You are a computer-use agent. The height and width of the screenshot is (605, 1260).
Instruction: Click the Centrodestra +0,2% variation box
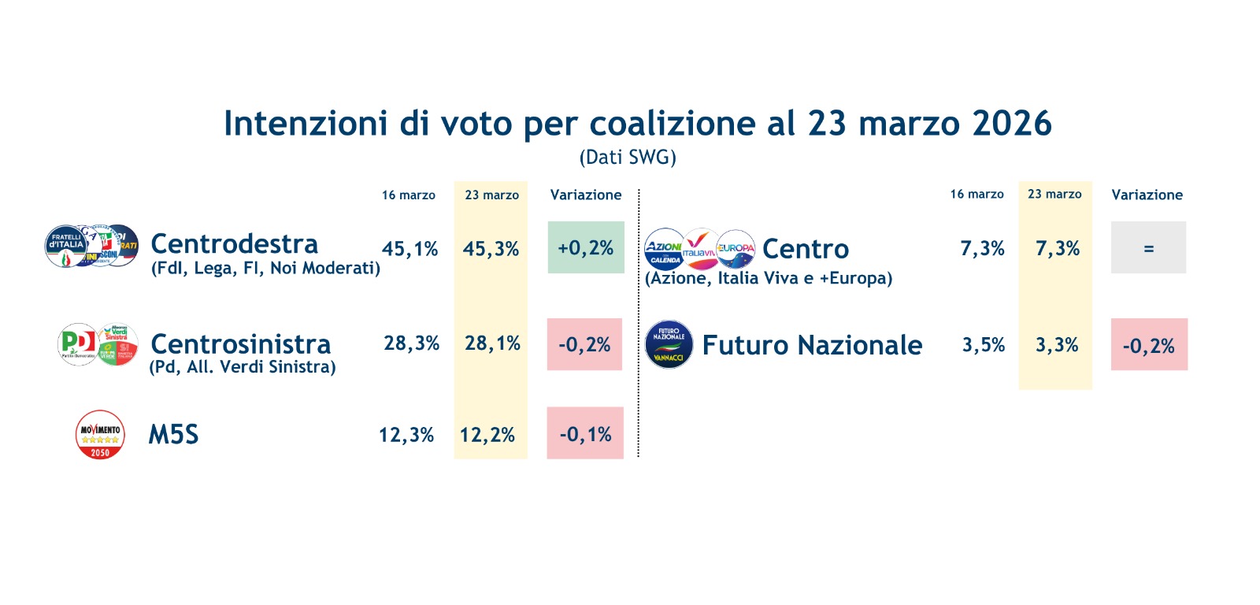pos(585,248)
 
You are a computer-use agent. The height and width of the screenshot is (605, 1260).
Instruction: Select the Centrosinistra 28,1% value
pos(492,343)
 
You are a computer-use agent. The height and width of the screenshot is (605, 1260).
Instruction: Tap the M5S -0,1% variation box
pos(585,434)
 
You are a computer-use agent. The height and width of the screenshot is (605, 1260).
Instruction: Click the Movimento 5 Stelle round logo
pos(100,434)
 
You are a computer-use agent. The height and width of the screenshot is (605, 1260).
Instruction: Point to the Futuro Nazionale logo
pos(669,345)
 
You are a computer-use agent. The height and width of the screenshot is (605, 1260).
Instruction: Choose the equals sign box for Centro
pos(1148,248)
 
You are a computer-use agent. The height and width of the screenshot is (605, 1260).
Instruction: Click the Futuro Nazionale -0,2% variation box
pos(1148,345)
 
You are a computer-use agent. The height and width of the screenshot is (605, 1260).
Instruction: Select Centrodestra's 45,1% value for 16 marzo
pos(409,249)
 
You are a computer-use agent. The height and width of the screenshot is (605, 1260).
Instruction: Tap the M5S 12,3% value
pos(406,435)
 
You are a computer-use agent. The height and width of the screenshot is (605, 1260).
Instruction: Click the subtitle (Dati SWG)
pos(628,158)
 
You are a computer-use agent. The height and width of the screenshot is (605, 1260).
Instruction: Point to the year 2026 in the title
pos(1012,124)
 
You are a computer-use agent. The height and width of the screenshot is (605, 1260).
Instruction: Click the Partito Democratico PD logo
pos(77,344)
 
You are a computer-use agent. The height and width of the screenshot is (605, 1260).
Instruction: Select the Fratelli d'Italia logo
pos(66,245)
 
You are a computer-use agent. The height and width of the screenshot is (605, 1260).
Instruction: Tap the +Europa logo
pos(736,249)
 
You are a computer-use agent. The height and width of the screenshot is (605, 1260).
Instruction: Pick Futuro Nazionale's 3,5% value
pos(984,345)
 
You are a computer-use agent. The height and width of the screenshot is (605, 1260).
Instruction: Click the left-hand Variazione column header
pos(585,195)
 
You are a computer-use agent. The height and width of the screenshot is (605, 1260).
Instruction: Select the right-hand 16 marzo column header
pos(976,194)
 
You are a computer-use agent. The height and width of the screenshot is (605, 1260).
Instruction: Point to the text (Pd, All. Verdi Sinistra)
pos(243,367)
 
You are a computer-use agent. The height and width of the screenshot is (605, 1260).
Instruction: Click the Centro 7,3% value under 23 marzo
pos(1057,249)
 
